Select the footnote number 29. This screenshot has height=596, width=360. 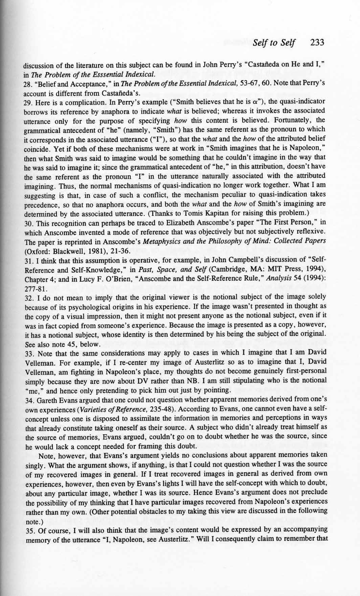tap(28, 102)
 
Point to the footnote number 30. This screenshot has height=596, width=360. tap(28, 223)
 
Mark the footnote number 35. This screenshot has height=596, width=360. tap(28, 529)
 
